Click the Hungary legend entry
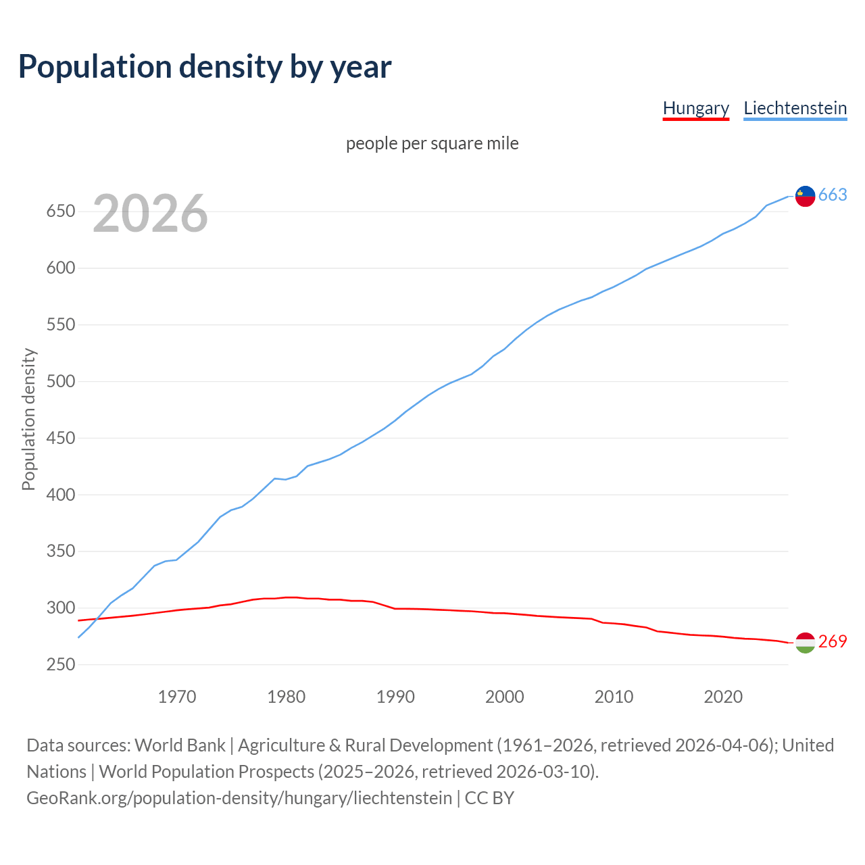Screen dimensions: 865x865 pyautogui.click(x=695, y=108)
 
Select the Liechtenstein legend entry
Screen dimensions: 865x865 pyautogui.click(x=795, y=108)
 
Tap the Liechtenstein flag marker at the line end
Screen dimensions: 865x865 pyautogui.click(x=805, y=195)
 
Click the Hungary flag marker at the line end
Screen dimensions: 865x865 pyautogui.click(x=805, y=643)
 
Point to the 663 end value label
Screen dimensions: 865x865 pyautogui.click(x=833, y=195)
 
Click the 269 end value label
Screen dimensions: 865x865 pyautogui.click(x=833, y=641)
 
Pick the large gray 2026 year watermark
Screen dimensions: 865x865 pyautogui.click(x=150, y=214)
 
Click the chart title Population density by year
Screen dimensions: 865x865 pyautogui.click(x=205, y=66)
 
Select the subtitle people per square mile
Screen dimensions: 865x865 pyautogui.click(x=432, y=143)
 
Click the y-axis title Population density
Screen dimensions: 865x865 pyautogui.click(x=28, y=419)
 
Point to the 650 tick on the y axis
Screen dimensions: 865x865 pyautogui.click(x=60, y=212)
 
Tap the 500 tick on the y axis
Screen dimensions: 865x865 pyautogui.click(x=60, y=382)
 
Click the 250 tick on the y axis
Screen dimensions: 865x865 pyautogui.click(x=60, y=665)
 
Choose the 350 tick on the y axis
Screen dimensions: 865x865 pyautogui.click(x=60, y=551)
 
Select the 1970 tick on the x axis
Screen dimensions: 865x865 pyautogui.click(x=177, y=697)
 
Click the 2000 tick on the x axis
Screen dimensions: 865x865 pyautogui.click(x=504, y=697)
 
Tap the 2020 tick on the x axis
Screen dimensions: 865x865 pyautogui.click(x=723, y=697)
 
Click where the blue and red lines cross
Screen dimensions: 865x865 pyautogui.click(x=97, y=618)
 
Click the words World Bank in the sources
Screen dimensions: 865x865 pyautogui.click(x=180, y=745)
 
